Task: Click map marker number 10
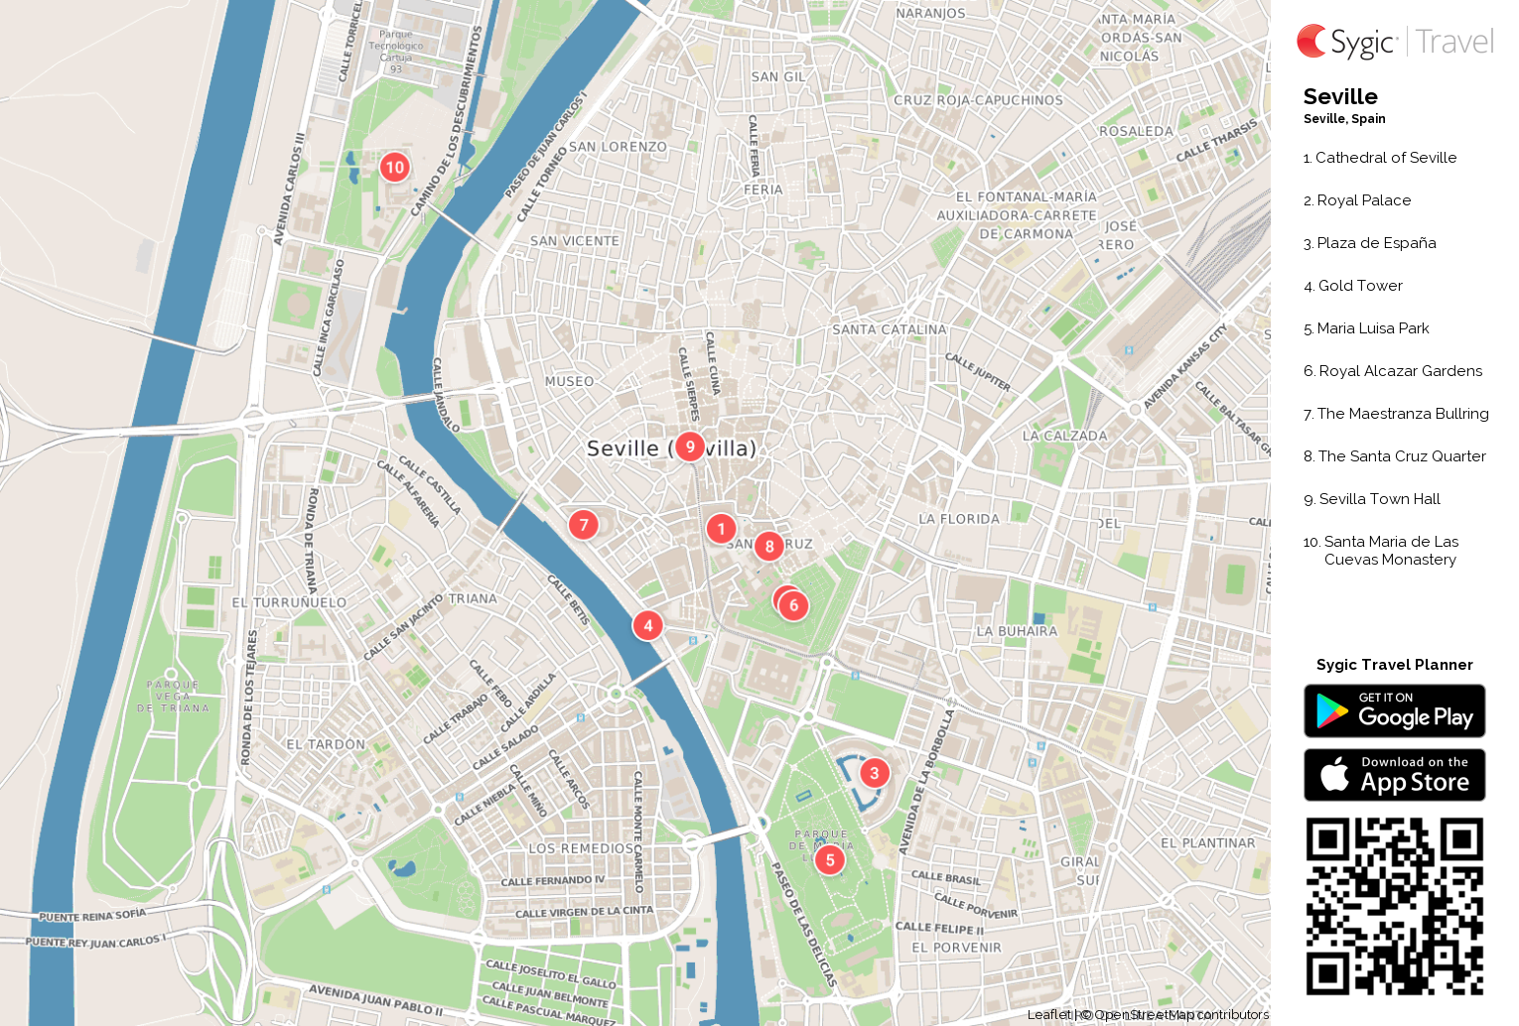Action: pyautogui.click(x=395, y=167)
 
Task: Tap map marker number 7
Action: pyautogui.click(x=584, y=524)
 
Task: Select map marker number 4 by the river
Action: pyautogui.click(x=648, y=625)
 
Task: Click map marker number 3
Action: pyautogui.click(x=874, y=773)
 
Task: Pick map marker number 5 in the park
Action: pyautogui.click(x=830, y=860)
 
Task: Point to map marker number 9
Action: pyautogui.click(x=690, y=447)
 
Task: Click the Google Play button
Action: pyautogui.click(x=1394, y=711)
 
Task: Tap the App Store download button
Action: pyautogui.click(x=1394, y=775)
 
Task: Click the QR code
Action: pyautogui.click(x=1394, y=906)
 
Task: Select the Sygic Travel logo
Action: pyautogui.click(x=1394, y=42)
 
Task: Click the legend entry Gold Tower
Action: pyautogui.click(x=1359, y=286)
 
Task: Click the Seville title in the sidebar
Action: pyautogui.click(x=1340, y=97)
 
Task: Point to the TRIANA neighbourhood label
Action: pyautogui.click(x=473, y=598)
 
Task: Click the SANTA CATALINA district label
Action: pyautogui.click(x=889, y=329)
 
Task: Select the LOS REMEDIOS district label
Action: pyautogui.click(x=583, y=848)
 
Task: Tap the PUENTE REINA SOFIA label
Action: pyautogui.click(x=92, y=915)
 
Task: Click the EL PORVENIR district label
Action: pyautogui.click(x=956, y=948)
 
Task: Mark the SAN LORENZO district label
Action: pyautogui.click(x=618, y=147)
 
